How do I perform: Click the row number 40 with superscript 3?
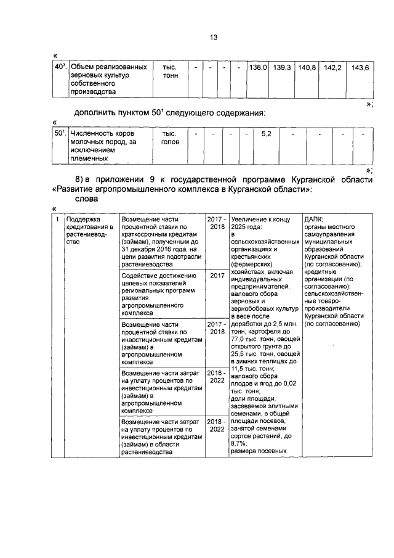pyautogui.click(x=60, y=65)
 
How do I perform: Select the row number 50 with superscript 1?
pyautogui.click(x=60, y=133)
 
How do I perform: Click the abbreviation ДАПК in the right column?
pyautogui.click(x=315, y=219)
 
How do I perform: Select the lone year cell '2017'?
pyautogui.click(x=216, y=276)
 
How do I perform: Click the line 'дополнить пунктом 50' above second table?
pyautogui.click(x=160, y=112)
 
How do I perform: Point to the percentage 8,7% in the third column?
pyautogui.click(x=238, y=442)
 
